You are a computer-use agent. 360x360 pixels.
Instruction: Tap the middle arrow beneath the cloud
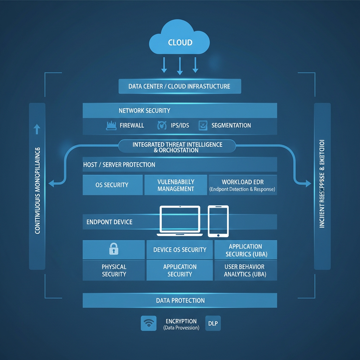pyautogui.click(x=180, y=66)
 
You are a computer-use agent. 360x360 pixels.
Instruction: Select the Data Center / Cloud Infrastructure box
pyautogui.click(x=180, y=86)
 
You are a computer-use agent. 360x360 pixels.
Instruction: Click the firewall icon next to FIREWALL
pyautogui.click(x=111, y=126)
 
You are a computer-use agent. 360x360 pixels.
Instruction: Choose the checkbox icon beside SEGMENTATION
pyautogui.click(x=203, y=126)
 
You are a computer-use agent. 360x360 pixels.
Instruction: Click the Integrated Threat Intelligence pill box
pyautogui.click(x=177, y=147)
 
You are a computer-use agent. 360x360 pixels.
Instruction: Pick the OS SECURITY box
pyautogui.click(x=112, y=185)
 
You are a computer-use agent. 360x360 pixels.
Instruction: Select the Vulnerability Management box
pyautogui.click(x=176, y=185)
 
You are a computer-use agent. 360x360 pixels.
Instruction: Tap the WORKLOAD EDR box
pyautogui.click(x=243, y=185)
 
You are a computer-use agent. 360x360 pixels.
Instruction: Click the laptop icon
pyautogui.click(x=180, y=221)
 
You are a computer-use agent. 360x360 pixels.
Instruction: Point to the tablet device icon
pyautogui.click(x=218, y=221)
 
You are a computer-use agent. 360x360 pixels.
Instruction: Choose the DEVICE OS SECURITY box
pyautogui.click(x=180, y=250)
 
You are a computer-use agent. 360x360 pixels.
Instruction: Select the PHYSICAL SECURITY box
pyautogui.click(x=114, y=270)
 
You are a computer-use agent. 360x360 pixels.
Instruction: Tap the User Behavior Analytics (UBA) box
pyautogui.click(x=245, y=270)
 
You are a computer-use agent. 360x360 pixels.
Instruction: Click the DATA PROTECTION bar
pyautogui.click(x=180, y=301)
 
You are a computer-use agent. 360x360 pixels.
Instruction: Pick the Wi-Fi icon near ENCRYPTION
pyautogui.click(x=148, y=323)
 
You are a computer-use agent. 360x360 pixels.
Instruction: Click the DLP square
pyautogui.click(x=213, y=323)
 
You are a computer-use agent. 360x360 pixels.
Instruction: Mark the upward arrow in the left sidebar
pyautogui.click(x=37, y=129)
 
